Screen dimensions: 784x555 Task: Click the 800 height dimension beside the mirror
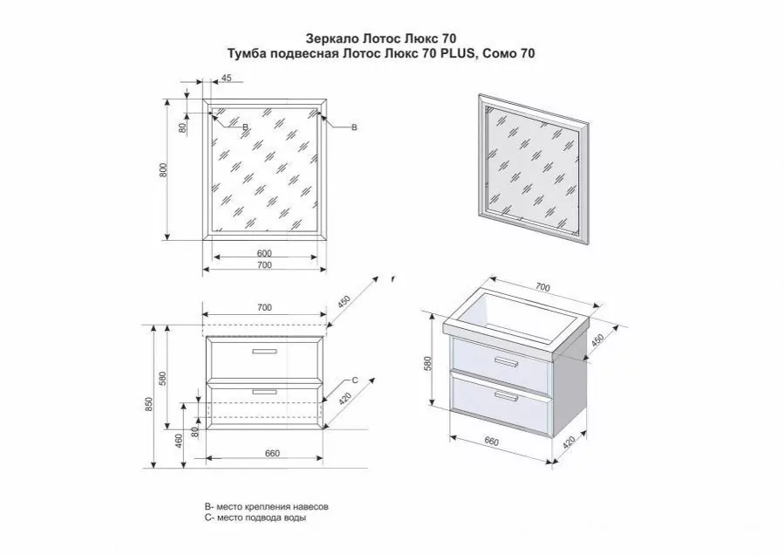pos(163,171)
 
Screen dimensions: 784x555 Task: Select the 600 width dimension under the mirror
pos(264,253)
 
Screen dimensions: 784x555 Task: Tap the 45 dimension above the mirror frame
pos(226,78)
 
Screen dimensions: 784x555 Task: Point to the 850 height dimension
pos(148,404)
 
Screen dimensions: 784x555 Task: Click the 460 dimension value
pos(179,442)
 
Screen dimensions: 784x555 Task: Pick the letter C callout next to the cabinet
pos(355,380)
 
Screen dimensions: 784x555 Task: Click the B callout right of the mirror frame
pos(354,127)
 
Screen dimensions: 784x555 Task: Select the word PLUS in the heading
pos(452,53)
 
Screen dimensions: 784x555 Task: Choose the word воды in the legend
pos(295,518)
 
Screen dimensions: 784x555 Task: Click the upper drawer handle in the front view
pos(265,352)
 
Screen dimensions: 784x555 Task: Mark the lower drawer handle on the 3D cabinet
pos(506,396)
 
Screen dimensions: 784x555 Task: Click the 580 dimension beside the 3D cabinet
pos(427,364)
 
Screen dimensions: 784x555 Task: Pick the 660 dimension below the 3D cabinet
pos(492,442)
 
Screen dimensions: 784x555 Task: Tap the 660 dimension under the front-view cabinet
pos(272,454)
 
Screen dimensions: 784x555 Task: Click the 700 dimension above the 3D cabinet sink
pos(542,287)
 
